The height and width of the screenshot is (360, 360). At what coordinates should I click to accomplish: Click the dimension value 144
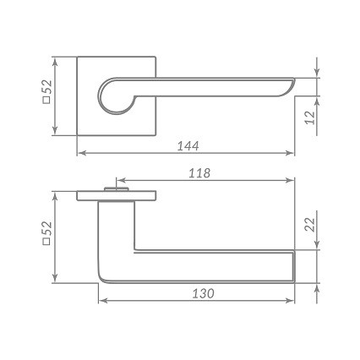[189, 145]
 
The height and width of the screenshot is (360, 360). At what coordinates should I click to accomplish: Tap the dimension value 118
[199, 172]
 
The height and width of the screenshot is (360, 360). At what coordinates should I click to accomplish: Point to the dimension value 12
[311, 117]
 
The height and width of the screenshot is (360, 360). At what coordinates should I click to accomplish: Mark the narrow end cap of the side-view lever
[293, 266]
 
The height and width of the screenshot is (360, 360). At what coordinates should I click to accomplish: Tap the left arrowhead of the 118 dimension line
[118, 181]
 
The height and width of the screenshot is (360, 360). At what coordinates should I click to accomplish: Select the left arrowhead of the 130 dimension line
[102, 303]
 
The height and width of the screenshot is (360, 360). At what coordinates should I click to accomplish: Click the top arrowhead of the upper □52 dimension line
[56, 61]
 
